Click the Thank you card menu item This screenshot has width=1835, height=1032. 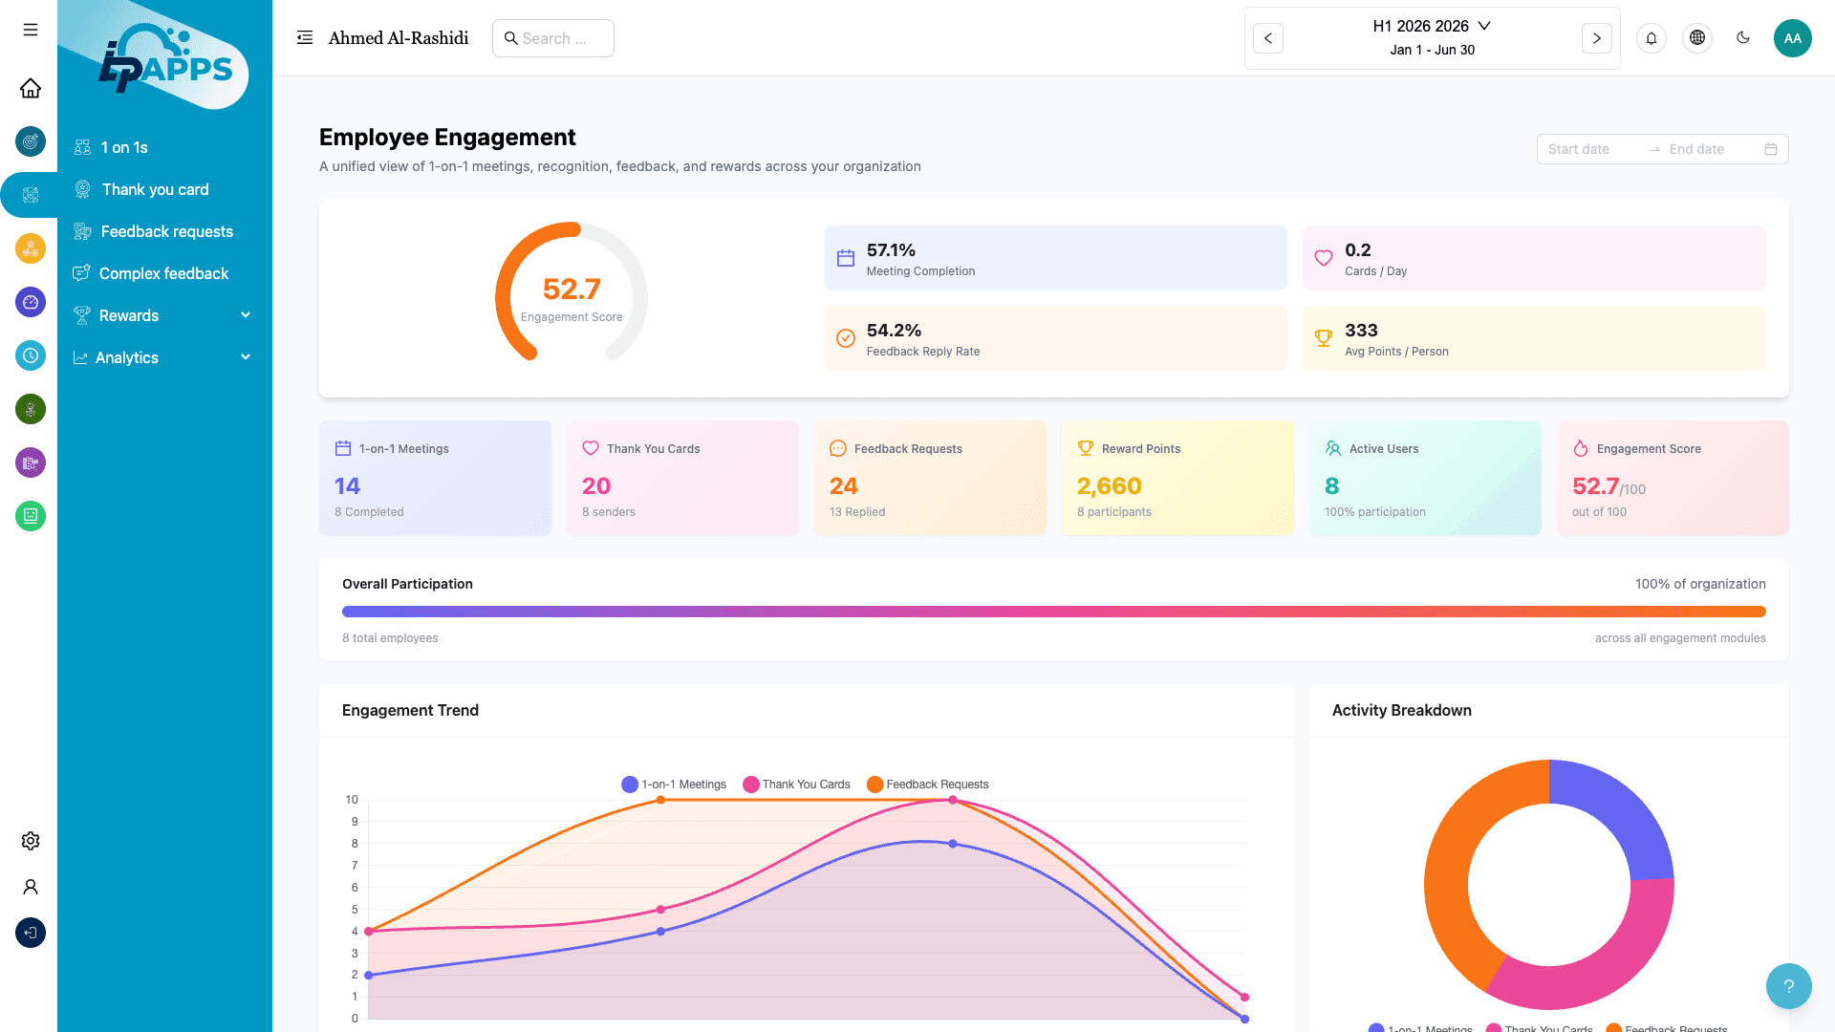coord(155,189)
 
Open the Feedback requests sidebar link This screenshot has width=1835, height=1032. coord(166,231)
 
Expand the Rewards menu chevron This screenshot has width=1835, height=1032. coord(246,315)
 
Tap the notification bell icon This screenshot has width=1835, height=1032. coord(1651,38)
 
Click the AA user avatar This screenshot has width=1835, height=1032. coord(1792,38)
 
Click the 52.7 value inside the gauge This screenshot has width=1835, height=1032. coord(572,289)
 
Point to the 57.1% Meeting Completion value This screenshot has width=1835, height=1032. coord(891,250)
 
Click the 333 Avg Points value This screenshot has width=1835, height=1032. coord(1361,331)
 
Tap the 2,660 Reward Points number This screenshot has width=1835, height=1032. coord(1109,486)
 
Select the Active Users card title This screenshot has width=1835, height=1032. coord(1383,449)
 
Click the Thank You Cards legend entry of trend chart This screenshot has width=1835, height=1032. coord(796,785)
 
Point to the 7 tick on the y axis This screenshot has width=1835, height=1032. coord(355,866)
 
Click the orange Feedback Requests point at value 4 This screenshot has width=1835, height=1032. coord(369,932)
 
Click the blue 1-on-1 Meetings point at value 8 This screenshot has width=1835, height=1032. coord(953,844)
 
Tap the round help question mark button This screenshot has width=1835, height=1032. coord(1788,986)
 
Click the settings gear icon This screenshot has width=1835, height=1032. coord(31,841)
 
